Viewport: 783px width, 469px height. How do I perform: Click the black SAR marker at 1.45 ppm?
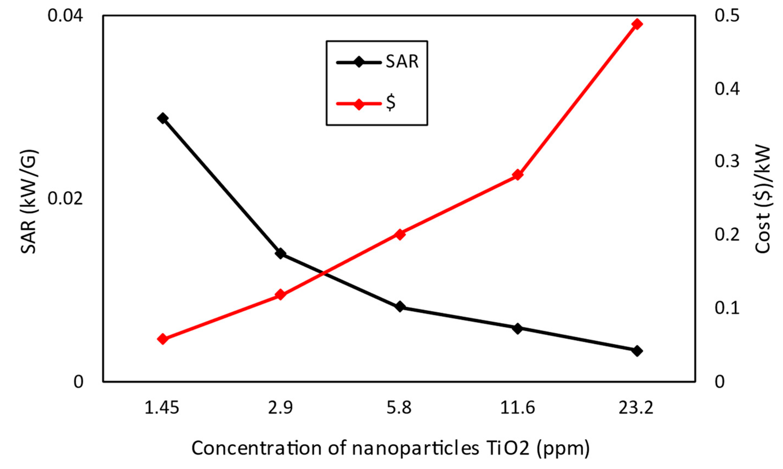click(x=162, y=118)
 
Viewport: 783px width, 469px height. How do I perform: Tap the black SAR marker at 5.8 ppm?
click(x=400, y=307)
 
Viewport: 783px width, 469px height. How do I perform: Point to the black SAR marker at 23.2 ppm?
click(x=637, y=351)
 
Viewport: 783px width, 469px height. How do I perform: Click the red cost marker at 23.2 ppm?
click(x=637, y=24)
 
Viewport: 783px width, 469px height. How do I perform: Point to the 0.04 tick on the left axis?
click(x=66, y=16)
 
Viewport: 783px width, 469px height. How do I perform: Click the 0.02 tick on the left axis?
click(x=66, y=199)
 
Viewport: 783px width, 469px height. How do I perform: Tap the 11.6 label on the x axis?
click(x=518, y=408)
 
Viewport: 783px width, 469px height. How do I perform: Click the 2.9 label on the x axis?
click(x=280, y=408)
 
